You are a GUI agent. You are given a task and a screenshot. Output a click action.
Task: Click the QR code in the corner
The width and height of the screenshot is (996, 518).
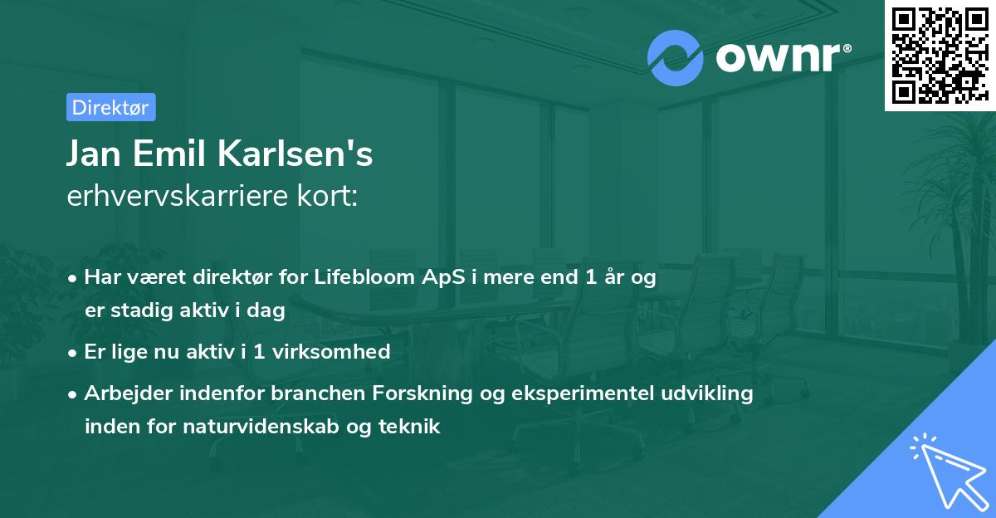[x=940, y=55]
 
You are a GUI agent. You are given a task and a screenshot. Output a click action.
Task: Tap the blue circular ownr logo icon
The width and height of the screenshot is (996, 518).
[x=676, y=57]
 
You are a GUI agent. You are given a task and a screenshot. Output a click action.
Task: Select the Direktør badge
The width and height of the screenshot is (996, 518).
[x=110, y=107]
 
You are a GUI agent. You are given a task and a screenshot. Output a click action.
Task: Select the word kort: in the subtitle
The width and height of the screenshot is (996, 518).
[x=330, y=197]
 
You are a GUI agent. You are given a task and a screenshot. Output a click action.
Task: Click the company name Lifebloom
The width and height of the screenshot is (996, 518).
[x=359, y=277]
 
